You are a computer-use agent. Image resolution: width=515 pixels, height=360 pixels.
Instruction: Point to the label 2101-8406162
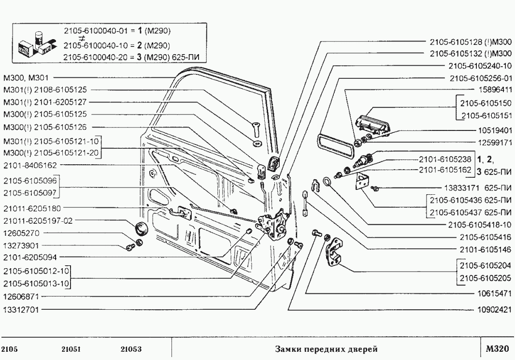30,165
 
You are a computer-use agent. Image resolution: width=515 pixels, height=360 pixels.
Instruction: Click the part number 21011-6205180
32,209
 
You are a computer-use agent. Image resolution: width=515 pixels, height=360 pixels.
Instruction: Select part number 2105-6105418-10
479,225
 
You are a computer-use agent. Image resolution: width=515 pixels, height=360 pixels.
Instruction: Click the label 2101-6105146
485,249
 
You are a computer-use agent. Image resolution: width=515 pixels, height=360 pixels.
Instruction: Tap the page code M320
497,349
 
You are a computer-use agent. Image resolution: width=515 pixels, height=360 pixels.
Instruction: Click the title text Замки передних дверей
326,349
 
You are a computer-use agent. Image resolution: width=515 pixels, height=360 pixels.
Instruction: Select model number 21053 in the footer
131,349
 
